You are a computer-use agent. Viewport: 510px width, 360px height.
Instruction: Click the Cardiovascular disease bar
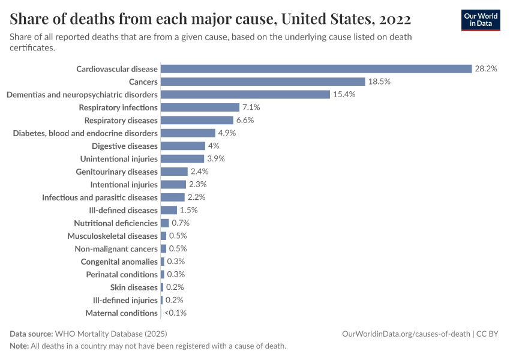click(x=316, y=69)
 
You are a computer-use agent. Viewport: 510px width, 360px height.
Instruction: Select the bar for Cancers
click(x=263, y=82)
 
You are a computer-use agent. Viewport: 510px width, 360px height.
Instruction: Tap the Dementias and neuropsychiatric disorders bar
click(x=245, y=95)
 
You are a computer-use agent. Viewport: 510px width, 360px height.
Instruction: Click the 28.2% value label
click(x=486, y=69)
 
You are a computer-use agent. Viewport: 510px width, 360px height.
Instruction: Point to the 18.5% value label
click(x=379, y=82)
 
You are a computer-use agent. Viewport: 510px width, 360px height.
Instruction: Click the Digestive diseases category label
click(x=125, y=146)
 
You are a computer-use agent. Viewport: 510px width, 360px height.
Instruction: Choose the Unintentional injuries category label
click(x=119, y=159)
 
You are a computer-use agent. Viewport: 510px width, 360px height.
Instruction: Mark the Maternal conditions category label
click(x=122, y=313)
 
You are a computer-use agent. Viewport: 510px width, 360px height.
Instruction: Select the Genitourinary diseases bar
click(x=174, y=172)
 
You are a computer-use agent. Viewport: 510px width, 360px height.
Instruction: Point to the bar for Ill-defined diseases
click(x=169, y=210)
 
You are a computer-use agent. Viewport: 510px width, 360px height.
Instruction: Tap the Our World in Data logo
click(x=480, y=20)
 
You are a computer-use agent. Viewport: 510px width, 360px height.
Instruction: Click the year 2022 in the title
click(x=392, y=20)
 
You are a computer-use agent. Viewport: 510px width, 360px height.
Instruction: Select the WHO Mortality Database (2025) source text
click(x=111, y=334)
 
